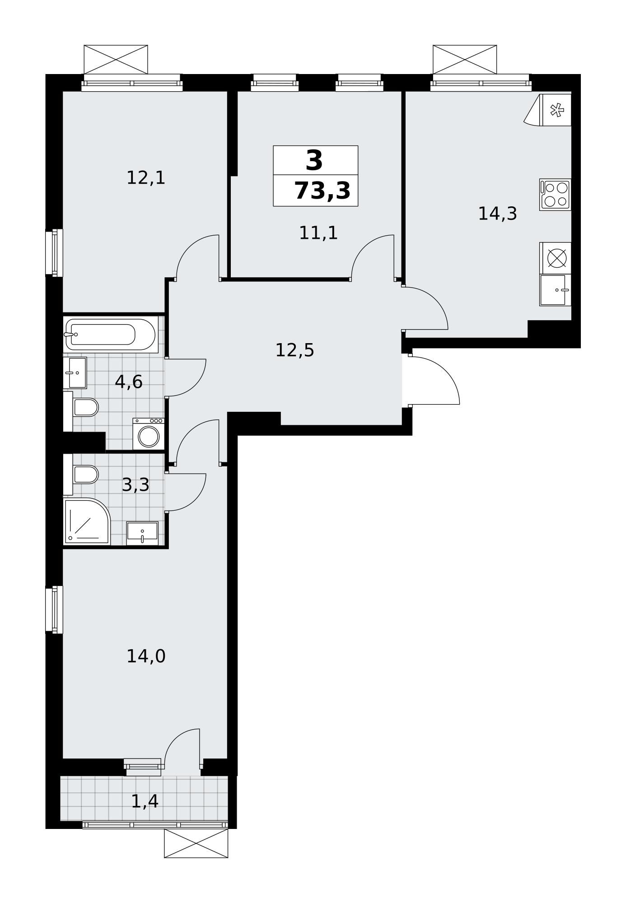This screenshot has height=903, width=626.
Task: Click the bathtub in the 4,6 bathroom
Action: [x=111, y=334]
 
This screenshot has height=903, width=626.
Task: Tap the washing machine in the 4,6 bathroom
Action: [x=149, y=434]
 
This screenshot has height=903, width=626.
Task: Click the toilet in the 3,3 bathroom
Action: [x=81, y=475]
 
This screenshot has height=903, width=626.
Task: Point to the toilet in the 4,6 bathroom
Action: [x=81, y=408]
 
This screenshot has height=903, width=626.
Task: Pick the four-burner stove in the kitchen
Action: [x=555, y=195]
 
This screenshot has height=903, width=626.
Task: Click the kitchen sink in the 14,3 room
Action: [x=555, y=290]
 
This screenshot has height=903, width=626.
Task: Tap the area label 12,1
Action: [x=146, y=178]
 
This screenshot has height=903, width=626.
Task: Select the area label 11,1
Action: [x=318, y=233]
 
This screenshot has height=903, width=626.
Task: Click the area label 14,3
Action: [x=497, y=214]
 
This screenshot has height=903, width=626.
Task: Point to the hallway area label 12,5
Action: [x=294, y=350]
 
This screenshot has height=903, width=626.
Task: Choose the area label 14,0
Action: [x=146, y=656]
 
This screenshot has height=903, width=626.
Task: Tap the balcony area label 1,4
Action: [x=145, y=801]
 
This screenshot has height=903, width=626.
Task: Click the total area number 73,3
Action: [x=322, y=191]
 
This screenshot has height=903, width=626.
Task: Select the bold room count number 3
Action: [x=314, y=161]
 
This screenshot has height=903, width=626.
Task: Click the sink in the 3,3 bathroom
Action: [x=142, y=533]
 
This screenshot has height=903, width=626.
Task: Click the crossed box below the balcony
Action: [x=196, y=843]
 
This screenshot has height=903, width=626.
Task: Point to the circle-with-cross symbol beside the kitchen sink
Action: [x=556, y=258]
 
